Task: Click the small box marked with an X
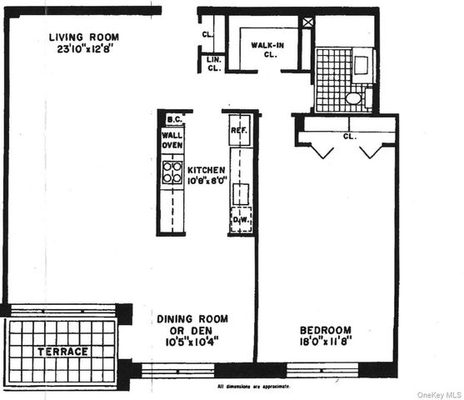point(308,22)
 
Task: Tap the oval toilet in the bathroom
point(354,98)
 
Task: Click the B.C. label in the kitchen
point(173,119)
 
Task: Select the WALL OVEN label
point(172,139)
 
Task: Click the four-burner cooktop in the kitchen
point(172,172)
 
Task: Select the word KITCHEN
point(205,169)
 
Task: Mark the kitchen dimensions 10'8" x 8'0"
point(205,180)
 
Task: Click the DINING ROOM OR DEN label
point(192,324)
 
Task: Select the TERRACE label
point(62,352)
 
